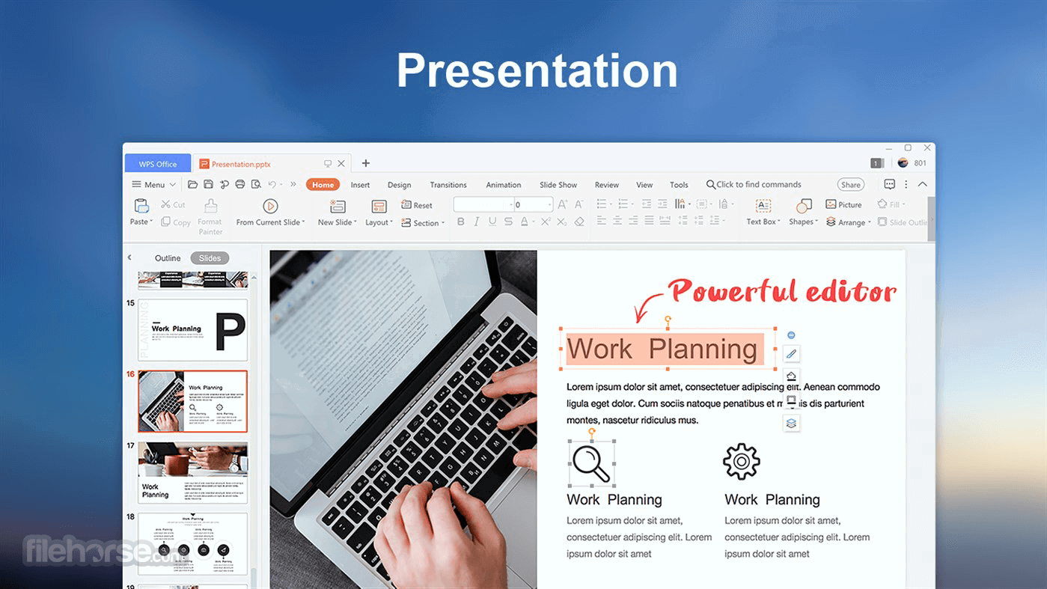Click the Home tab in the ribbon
323,185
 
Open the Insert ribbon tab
360,185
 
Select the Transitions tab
448,185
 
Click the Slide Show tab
558,185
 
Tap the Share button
850,185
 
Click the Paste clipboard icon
141,206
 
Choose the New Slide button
338,207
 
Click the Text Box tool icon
763,206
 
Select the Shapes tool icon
803,206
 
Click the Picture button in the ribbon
843,204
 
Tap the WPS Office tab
157,164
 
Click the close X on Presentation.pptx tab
341,163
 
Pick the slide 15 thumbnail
192,330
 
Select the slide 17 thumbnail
192,472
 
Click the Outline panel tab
168,258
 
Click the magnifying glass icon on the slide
591,463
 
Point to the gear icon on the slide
741,462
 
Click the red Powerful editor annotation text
781,291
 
